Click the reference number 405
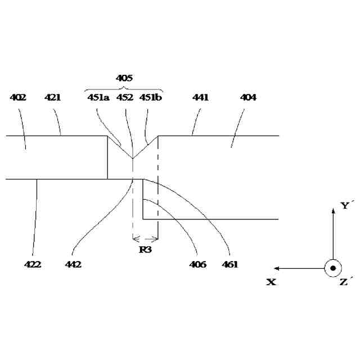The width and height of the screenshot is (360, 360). tap(124, 78)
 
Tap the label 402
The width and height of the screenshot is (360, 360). tap(19, 97)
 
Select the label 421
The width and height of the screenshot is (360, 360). tap(53, 97)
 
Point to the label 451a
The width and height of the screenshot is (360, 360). tap(98, 97)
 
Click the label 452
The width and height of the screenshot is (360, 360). tap(124, 97)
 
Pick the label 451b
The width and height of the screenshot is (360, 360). tap(151, 97)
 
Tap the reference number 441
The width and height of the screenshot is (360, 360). tap(200, 97)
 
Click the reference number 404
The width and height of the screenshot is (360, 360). tap(248, 97)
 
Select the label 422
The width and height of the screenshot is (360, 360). tap(33, 264)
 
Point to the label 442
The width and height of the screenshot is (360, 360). tap(74, 264)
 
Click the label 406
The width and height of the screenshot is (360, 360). tap(198, 264)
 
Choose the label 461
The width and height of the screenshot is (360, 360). tap(229, 264)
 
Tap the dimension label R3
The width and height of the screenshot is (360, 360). tap(145, 249)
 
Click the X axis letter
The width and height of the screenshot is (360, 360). tap(271, 282)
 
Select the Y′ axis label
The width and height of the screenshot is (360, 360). tap(346, 206)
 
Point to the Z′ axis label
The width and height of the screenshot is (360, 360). tap(346, 281)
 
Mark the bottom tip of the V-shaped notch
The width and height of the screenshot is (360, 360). tap(132, 159)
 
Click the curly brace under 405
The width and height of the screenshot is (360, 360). tap(124, 88)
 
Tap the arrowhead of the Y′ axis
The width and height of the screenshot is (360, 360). tap(333, 209)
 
